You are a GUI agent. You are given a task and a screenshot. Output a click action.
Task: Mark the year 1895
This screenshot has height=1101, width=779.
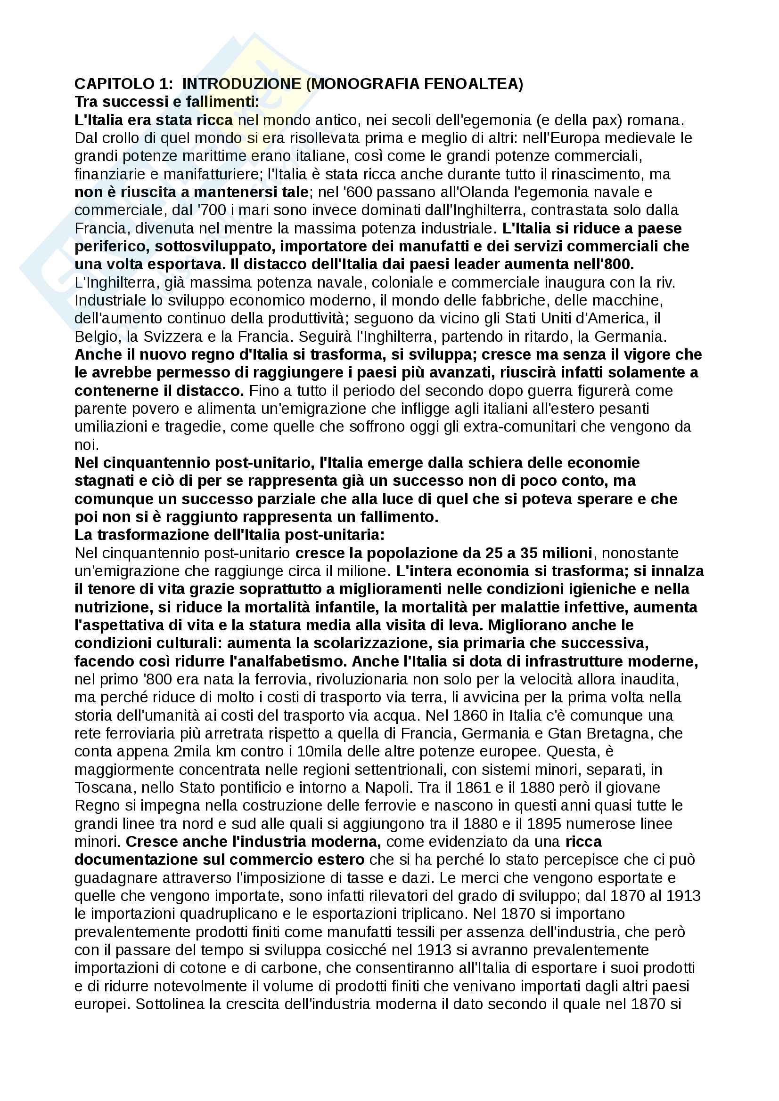[553, 824]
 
